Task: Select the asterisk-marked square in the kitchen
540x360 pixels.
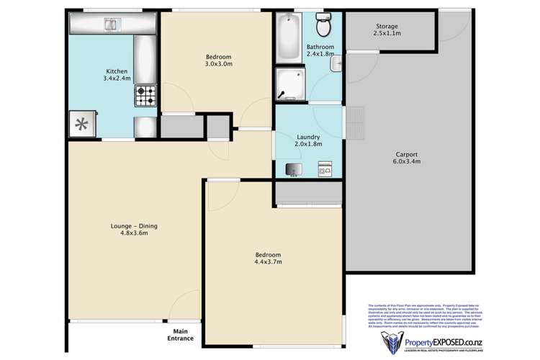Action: pos(82,123)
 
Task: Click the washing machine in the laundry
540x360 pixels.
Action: pos(324,169)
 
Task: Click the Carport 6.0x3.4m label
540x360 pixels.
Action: pos(408,158)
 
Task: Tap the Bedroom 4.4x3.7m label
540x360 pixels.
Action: pos(268,258)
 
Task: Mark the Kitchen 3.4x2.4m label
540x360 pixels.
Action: pos(117,75)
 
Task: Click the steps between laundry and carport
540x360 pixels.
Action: pos(358,123)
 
